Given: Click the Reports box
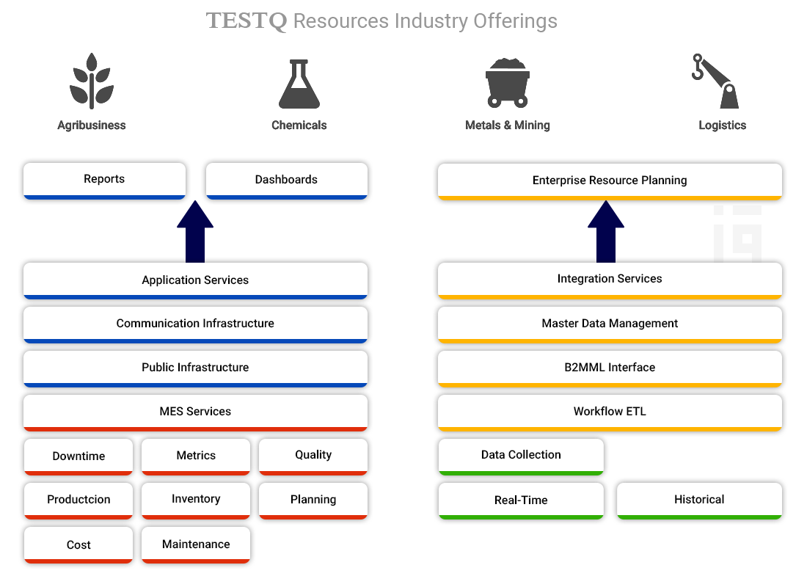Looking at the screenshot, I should (104, 180).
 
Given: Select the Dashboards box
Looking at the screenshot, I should (286, 180).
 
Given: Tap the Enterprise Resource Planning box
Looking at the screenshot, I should (610, 181).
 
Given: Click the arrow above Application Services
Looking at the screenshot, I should (195, 233).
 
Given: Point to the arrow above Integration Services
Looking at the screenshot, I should (606, 233).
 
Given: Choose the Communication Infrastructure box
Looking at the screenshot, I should (195, 324).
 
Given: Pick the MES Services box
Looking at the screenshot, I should (195, 412).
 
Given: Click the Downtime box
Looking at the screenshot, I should (78, 456).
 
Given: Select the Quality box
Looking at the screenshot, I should (313, 455).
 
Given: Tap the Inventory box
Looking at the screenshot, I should (196, 499).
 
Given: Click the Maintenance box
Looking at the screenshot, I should (196, 544).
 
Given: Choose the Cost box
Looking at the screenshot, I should (78, 544).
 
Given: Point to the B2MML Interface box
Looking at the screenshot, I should (610, 368).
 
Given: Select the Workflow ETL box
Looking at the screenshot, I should (610, 412).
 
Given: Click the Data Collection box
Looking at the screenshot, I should (521, 455).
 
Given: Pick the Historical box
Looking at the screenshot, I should (699, 500).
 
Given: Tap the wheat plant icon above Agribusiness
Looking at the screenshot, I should (92, 81).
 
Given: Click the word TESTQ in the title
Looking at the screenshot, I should (247, 21).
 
